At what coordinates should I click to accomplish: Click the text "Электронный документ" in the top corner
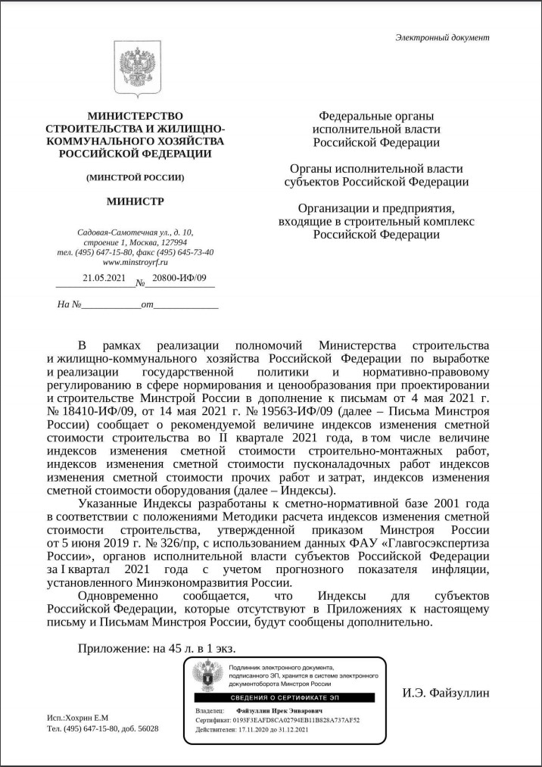pos(443,37)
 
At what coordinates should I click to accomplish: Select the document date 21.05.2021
pos(104,278)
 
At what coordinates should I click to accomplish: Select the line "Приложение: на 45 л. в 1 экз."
pos(157,649)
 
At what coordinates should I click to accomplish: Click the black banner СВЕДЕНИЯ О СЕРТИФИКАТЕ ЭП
pos(284,696)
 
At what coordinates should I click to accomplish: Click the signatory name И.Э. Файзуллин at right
pos(446,692)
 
